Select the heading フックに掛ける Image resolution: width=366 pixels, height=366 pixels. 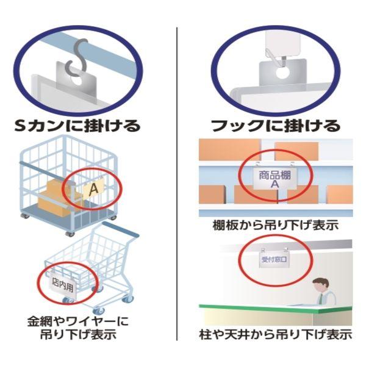pos(275,126)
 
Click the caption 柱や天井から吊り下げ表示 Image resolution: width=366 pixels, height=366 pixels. pos(275,334)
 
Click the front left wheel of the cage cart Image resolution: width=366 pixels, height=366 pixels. pos(26,217)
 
